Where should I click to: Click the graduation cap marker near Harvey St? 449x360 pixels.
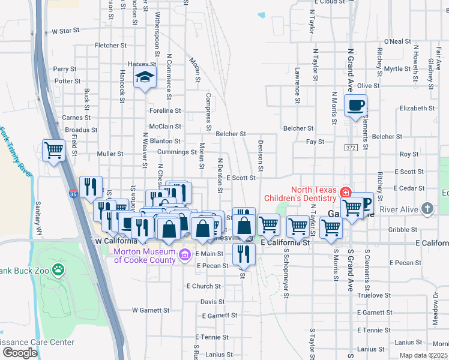point(145,77)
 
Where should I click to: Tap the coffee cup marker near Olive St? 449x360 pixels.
point(355,106)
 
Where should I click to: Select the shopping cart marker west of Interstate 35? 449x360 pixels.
point(53,150)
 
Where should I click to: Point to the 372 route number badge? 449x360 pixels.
point(351,147)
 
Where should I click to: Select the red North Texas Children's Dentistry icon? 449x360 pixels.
point(345,193)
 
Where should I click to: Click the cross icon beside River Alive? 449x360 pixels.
point(427,208)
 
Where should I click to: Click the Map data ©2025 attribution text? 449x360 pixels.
point(424,355)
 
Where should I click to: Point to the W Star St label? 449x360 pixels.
point(65,31)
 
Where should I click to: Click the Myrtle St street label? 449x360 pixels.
point(397,69)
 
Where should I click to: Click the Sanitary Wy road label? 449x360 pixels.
point(40,216)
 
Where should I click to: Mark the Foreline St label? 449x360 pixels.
point(165,111)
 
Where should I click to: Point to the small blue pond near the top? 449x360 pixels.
point(261,15)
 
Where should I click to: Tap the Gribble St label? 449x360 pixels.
point(403,230)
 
